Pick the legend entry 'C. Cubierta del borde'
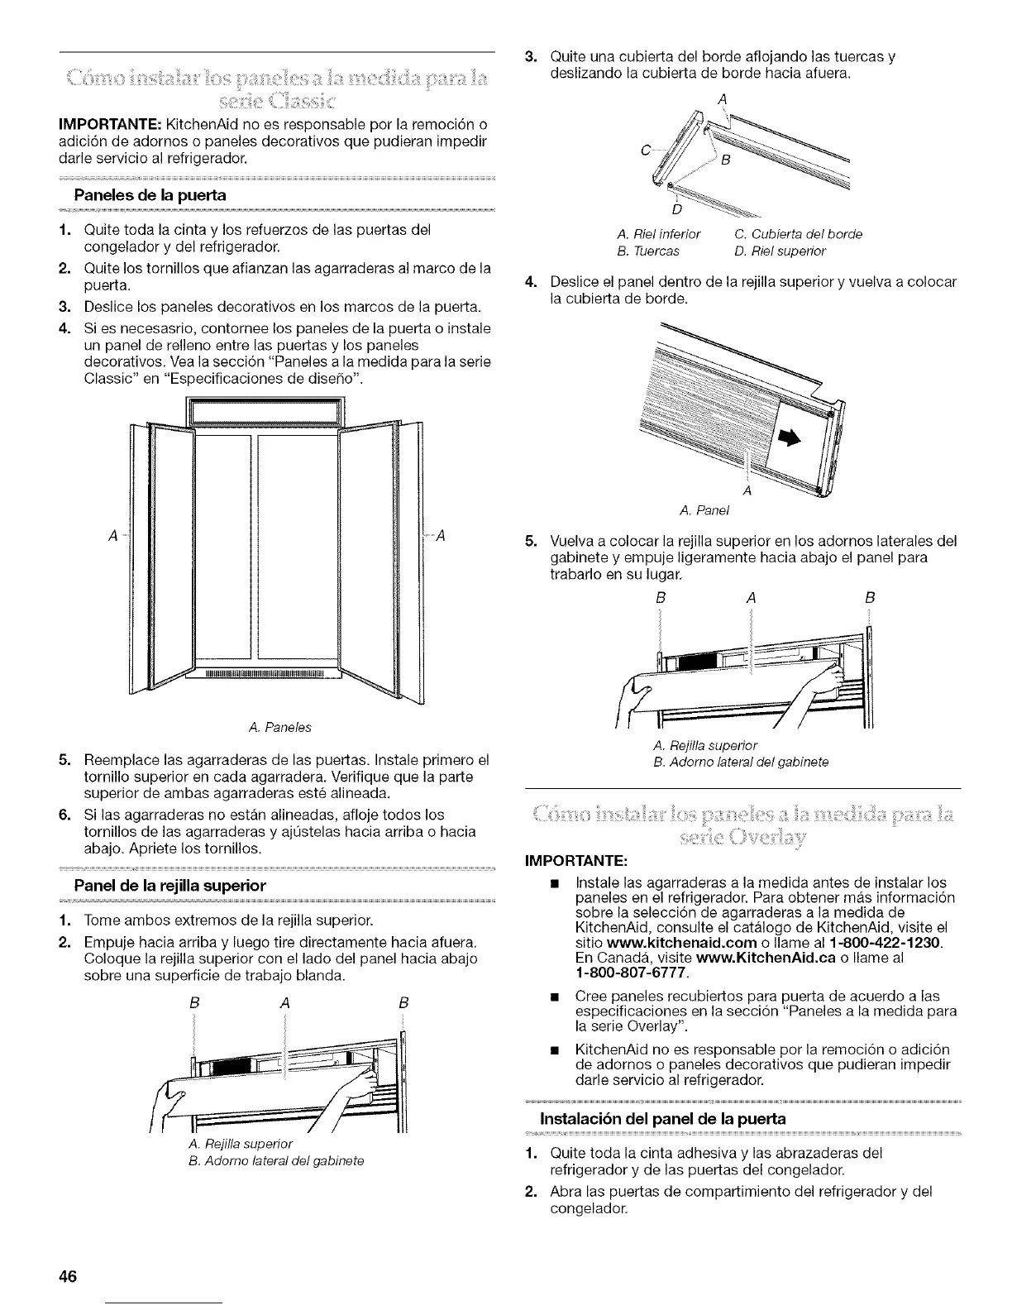point(798,234)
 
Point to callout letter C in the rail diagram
point(644,151)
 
